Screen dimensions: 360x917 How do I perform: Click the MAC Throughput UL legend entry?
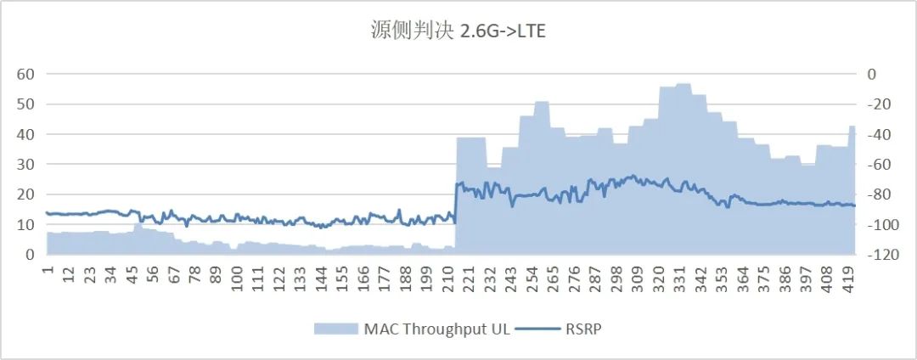(437, 329)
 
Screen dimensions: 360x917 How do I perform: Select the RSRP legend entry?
(583, 329)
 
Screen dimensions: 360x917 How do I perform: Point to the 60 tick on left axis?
(25, 74)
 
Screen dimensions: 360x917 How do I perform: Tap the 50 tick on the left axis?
(25, 104)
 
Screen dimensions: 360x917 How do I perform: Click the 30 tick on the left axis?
(25, 164)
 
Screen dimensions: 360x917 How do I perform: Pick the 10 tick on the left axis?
(25, 224)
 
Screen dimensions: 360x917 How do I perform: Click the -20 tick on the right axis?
(877, 104)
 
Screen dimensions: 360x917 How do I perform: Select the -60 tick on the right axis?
(877, 164)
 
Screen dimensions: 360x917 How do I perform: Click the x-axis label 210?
(449, 274)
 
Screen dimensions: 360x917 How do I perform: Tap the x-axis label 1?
(48, 269)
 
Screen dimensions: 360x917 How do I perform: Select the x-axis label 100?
(238, 274)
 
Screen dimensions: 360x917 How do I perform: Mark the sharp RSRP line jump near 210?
(456, 202)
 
